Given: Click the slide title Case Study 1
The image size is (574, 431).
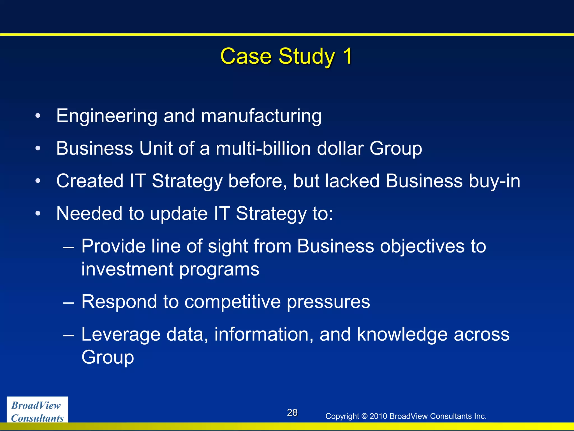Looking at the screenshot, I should [x=286, y=56].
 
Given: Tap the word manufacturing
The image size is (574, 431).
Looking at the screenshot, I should [x=261, y=116].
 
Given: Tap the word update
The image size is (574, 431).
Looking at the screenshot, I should [x=179, y=214].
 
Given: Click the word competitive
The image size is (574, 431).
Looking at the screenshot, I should [x=233, y=302].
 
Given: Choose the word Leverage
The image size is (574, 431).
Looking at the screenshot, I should [x=121, y=334].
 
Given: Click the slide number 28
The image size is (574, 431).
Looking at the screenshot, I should [x=292, y=412].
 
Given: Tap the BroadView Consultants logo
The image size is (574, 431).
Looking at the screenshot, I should [x=37, y=411].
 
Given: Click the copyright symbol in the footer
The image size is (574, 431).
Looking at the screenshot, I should [x=364, y=416].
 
